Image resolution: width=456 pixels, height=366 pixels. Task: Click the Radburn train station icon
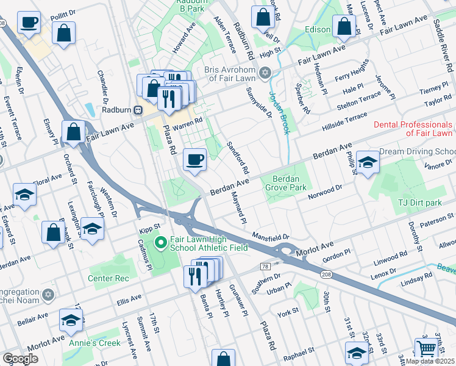coord(138,110)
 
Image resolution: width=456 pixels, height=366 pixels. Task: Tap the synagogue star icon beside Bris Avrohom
coord(264,73)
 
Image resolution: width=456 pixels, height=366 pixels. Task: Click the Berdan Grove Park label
coord(286,184)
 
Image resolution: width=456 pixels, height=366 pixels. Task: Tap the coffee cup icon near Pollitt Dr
coord(28,23)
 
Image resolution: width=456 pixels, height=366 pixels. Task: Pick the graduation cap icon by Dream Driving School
coord(367,162)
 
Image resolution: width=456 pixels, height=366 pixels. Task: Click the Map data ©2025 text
coord(429,361)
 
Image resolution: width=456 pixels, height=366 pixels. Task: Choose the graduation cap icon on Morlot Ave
coord(71,320)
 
